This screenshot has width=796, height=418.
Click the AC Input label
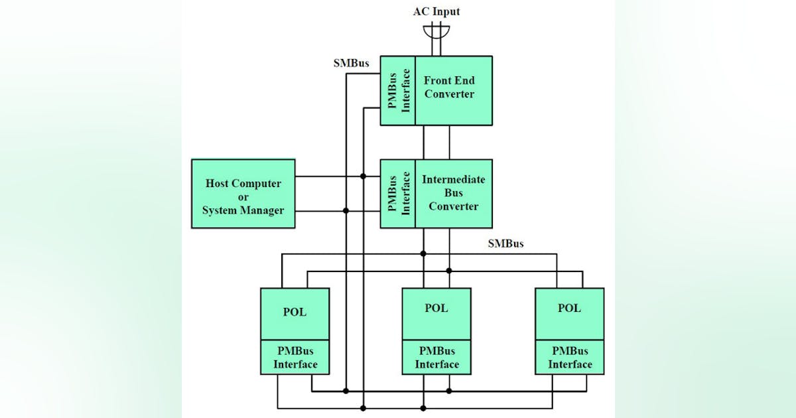click(x=436, y=11)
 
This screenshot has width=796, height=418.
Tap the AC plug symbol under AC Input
click(x=436, y=32)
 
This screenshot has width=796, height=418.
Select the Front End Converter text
click(x=449, y=88)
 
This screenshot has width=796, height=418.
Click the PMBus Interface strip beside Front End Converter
click(x=397, y=90)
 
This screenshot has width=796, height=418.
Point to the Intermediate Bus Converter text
click(x=453, y=193)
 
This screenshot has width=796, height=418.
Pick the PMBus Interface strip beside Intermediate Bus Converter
click(x=397, y=194)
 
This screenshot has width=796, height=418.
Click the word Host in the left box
click(x=218, y=184)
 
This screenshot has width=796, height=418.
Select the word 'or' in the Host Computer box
click(x=243, y=197)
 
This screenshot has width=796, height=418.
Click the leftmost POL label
click(x=295, y=312)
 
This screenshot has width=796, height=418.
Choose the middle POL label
click(x=436, y=308)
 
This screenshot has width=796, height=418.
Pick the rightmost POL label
click(x=569, y=308)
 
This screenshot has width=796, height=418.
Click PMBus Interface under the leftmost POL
click(x=295, y=358)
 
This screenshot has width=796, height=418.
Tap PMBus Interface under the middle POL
click(x=436, y=358)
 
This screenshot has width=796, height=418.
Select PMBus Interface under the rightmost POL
click(x=570, y=358)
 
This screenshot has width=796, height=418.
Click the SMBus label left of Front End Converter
click(x=351, y=64)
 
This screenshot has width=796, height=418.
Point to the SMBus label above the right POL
click(x=505, y=244)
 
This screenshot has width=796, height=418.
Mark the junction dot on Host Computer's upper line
click(x=363, y=176)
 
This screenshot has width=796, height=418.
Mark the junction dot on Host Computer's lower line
click(x=346, y=211)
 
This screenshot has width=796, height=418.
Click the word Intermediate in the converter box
click(x=453, y=180)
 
